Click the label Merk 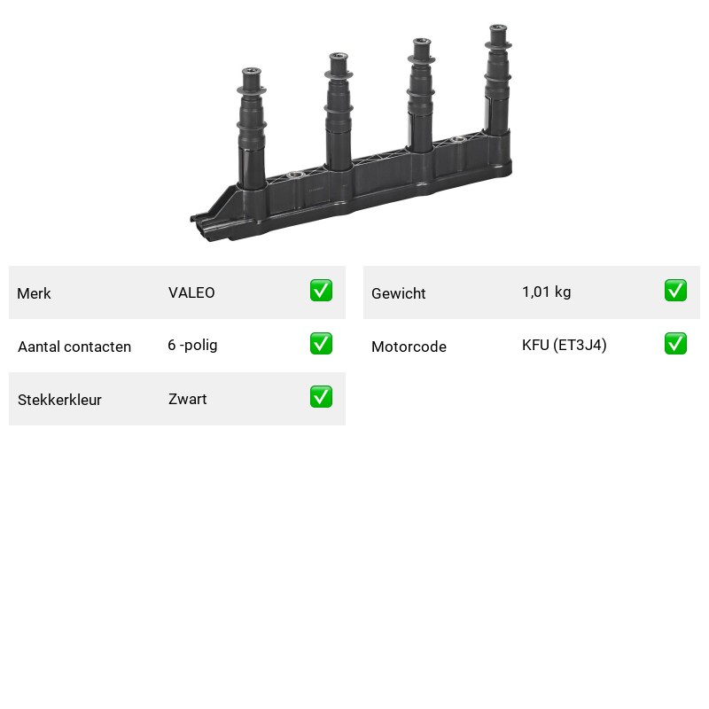point(34,293)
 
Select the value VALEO point(191,292)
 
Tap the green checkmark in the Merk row point(321,291)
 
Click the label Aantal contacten point(74,347)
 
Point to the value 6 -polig point(192,345)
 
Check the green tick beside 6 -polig point(321,344)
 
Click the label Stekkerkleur point(59,400)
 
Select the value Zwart point(188,399)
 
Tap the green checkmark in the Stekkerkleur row point(321,396)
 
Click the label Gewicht point(398,293)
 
